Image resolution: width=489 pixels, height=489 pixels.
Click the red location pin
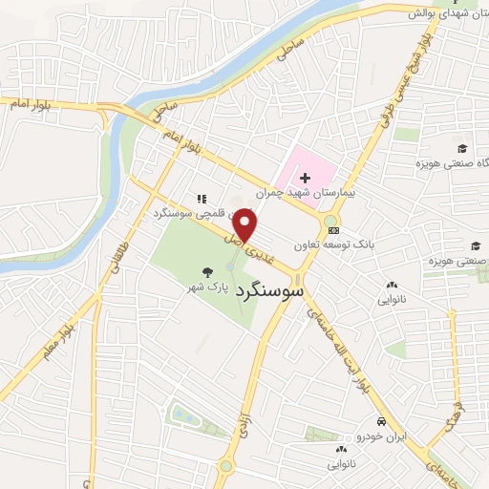(x=246, y=225)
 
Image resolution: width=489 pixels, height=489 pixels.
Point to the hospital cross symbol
(x=305, y=178)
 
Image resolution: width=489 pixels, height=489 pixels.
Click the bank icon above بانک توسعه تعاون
(x=332, y=230)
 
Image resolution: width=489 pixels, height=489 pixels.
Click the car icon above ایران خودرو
(x=381, y=421)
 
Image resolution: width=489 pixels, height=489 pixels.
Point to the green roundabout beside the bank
(x=330, y=222)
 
